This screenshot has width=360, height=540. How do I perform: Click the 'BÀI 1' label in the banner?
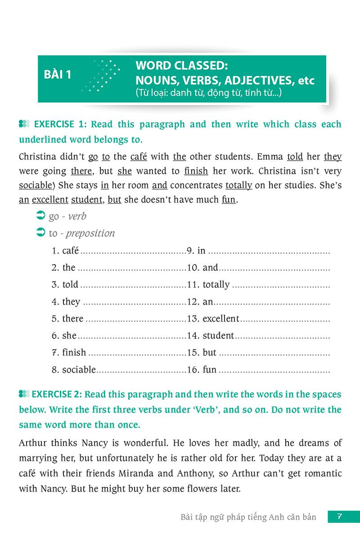pos(58,74)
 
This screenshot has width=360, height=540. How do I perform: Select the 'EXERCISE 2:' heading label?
pos(56,395)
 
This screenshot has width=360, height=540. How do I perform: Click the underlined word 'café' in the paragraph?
pos(139,157)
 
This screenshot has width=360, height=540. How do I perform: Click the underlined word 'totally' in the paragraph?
pos(238,185)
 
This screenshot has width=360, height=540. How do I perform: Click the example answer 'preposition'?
pos(90,233)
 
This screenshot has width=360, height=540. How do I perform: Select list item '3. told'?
pos(65,284)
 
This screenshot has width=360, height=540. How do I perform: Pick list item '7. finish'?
pos(68,352)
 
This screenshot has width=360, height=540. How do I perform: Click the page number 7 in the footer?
pos(340,516)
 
